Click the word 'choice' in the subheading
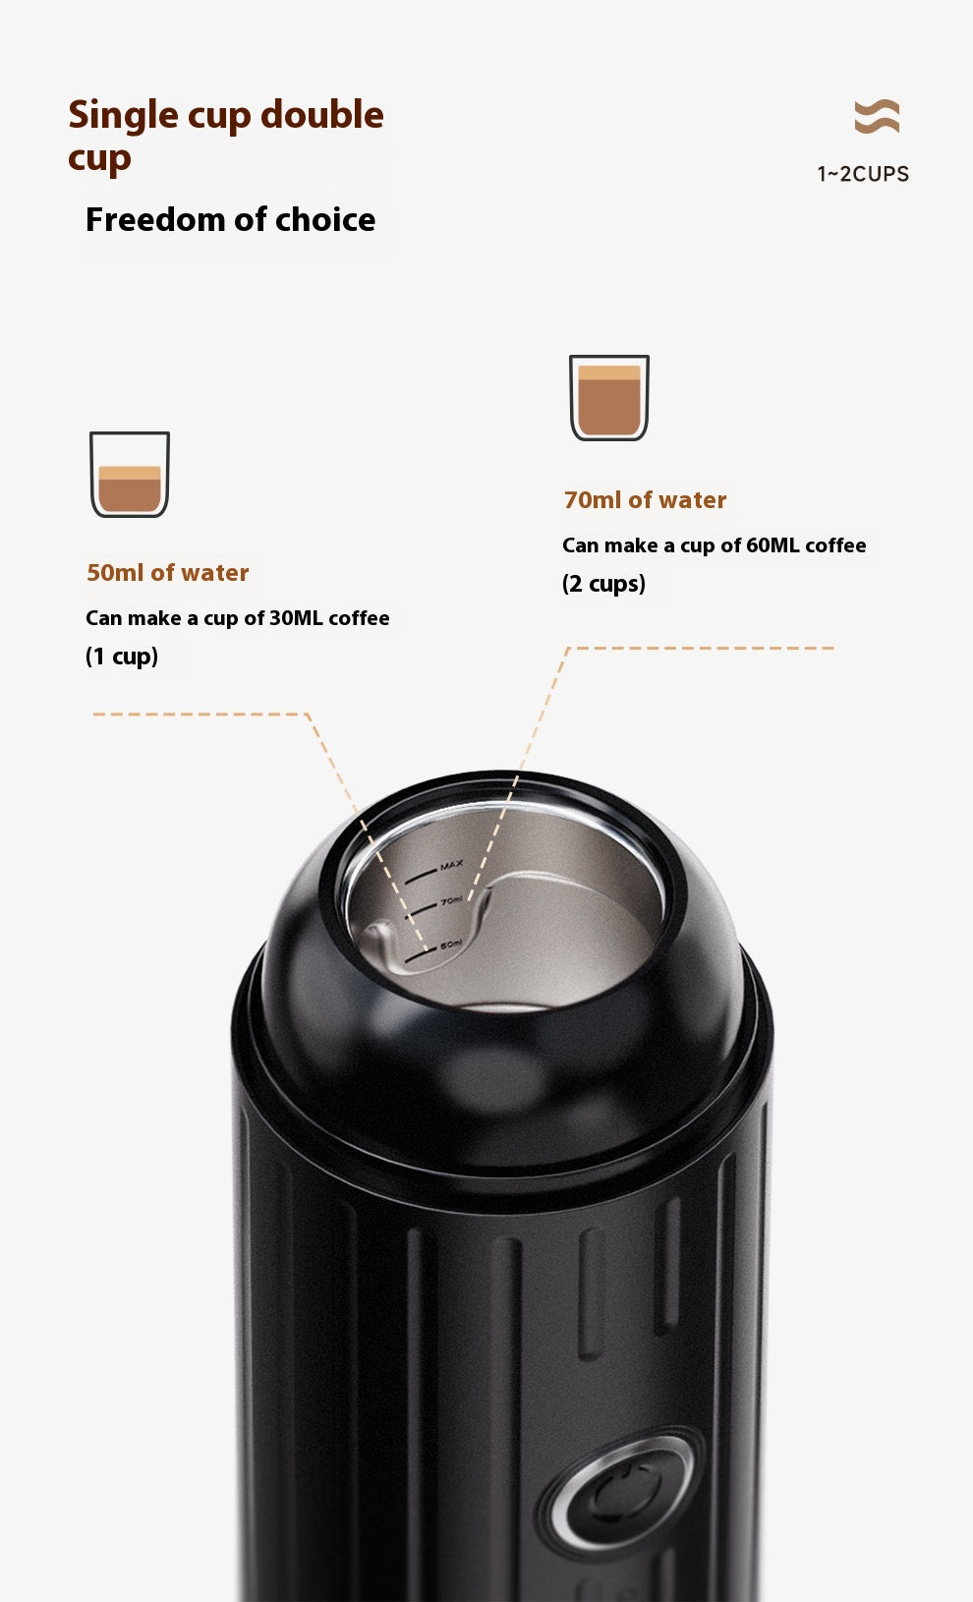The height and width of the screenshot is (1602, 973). click(325, 220)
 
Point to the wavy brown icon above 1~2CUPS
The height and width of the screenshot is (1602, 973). click(877, 116)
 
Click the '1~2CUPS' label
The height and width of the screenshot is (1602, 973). click(863, 174)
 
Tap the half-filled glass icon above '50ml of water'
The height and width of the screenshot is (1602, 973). click(130, 474)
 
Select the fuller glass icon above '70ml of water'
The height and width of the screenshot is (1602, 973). click(609, 397)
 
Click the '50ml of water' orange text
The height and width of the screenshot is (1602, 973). click(168, 573)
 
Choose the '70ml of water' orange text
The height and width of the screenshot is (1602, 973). click(645, 500)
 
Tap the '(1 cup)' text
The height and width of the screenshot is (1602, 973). click(122, 657)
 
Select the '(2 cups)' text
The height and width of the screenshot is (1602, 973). click(603, 584)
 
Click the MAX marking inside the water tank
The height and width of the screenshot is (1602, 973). click(451, 866)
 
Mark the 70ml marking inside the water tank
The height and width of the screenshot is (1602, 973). click(451, 900)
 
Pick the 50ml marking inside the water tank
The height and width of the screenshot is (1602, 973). click(450, 944)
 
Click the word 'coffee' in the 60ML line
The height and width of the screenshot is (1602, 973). click(835, 545)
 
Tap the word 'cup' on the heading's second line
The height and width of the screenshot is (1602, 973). click(99, 158)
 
